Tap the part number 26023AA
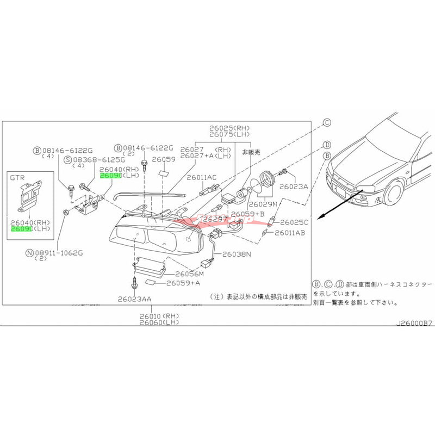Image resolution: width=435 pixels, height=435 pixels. pos(134,299)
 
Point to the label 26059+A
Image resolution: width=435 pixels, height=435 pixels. pos(183,283)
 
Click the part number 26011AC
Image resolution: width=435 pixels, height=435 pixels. pos(202,178)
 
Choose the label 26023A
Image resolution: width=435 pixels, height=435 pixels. pos(294,186)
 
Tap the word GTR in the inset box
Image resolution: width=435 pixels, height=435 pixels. pos(19,177)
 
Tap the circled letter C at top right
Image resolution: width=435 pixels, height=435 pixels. pos(327,123)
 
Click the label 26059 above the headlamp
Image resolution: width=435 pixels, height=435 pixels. pos(163,160)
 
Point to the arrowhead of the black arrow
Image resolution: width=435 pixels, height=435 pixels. pos(320,216)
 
